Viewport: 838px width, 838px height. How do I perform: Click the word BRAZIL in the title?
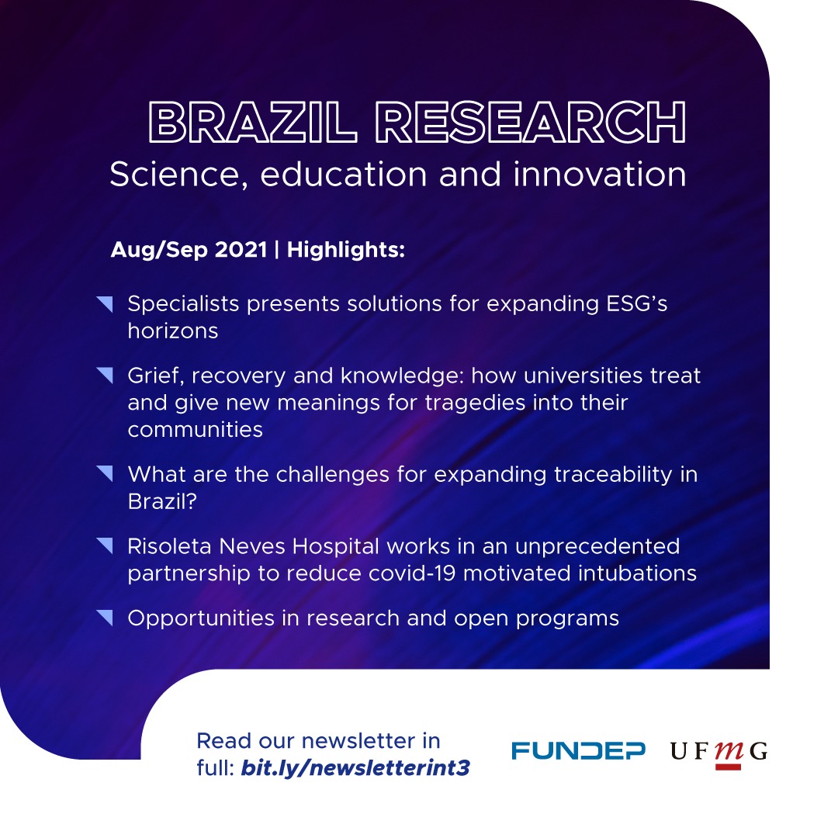[252, 122]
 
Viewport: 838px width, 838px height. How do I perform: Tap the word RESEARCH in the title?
[531, 122]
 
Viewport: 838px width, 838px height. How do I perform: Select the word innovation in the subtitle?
[600, 174]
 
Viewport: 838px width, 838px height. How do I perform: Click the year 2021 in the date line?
[241, 250]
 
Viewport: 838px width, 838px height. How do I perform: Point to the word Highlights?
[346, 250]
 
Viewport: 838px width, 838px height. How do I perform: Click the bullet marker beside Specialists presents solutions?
[105, 304]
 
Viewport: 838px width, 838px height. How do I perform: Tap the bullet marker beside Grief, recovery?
[105, 376]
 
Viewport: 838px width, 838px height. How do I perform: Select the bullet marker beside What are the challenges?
[105, 474]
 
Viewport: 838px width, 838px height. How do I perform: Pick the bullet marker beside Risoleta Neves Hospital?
[105, 546]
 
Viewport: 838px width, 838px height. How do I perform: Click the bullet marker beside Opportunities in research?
[105, 618]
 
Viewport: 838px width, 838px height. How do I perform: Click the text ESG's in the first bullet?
[637, 303]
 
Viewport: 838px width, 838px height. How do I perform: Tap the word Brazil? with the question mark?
[162, 501]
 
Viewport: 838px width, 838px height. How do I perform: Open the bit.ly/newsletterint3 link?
[355, 768]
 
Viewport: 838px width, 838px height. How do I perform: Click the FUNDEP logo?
[578, 750]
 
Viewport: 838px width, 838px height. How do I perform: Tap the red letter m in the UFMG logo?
[729, 751]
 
